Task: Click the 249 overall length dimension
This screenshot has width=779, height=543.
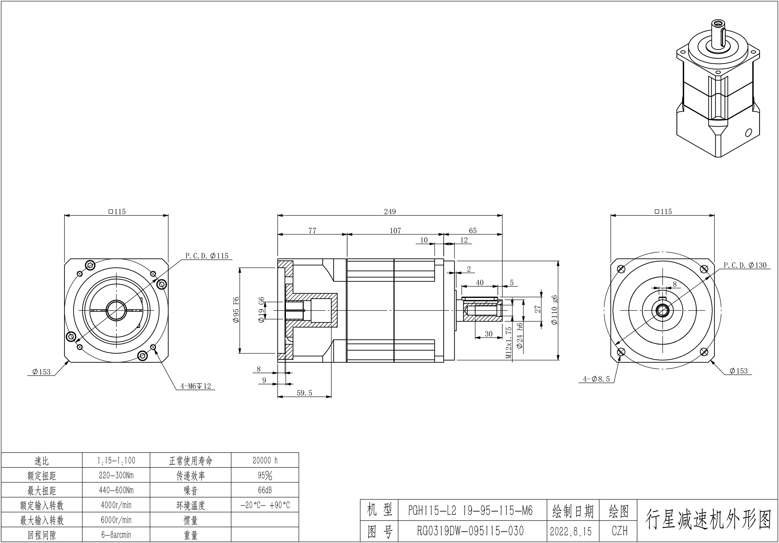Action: coord(390,212)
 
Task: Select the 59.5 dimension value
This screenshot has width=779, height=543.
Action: coord(304,393)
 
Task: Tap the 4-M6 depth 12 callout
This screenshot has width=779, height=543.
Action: coord(195,386)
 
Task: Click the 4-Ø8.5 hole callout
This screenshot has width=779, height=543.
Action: coord(596,379)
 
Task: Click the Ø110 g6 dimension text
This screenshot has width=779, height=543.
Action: coord(554,310)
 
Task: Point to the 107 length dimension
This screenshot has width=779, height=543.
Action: coord(395,231)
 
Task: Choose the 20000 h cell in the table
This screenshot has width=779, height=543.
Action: coord(265,460)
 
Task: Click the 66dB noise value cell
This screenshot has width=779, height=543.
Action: coord(265,490)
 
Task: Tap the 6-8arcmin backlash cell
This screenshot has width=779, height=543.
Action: coord(116,535)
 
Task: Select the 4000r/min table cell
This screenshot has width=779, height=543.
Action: coord(116,505)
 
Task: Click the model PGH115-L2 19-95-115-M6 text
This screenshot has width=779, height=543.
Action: coord(471,510)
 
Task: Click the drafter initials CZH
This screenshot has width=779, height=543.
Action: coord(620,531)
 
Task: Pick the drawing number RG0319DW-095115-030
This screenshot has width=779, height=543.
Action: coord(471,531)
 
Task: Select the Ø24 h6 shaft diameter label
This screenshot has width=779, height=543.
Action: coord(519,336)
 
